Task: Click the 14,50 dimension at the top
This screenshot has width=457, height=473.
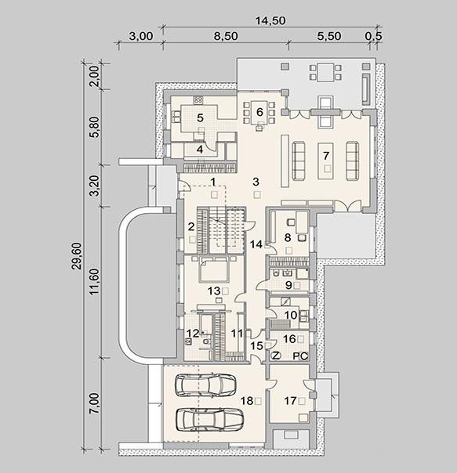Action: [x=270, y=21]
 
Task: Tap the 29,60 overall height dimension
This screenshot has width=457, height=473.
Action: [x=78, y=256]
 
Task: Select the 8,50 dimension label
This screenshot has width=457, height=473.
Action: [x=226, y=36]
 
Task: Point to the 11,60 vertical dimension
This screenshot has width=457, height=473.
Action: [x=94, y=281]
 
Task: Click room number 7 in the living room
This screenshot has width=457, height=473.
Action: [x=325, y=156]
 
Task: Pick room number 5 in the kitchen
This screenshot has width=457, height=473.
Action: [x=200, y=117]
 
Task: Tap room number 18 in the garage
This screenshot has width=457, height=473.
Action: [x=246, y=401]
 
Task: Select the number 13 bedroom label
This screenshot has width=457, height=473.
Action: [x=214, y=291]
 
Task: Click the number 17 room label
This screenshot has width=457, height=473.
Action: [x=290, y=401]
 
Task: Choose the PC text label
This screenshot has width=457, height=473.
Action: [x=300, y=356]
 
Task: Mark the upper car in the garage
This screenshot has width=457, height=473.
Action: [x=205, y=385]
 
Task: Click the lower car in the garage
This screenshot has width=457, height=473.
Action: [x=209, y=420]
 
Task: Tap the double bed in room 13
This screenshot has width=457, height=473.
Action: [x=214, y=269]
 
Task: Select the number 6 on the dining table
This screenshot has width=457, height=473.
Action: [x=259, y=112]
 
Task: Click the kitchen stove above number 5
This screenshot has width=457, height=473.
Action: [x=198, y=100]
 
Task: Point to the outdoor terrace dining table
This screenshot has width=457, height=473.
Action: [x=325, y=72]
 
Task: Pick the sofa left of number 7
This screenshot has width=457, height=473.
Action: [x=299, y=161]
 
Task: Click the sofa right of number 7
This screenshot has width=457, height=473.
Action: [x=352, y=161]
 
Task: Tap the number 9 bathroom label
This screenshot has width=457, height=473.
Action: [x=288, y=285]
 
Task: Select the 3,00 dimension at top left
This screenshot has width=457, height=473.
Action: [x=141, y=36]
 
